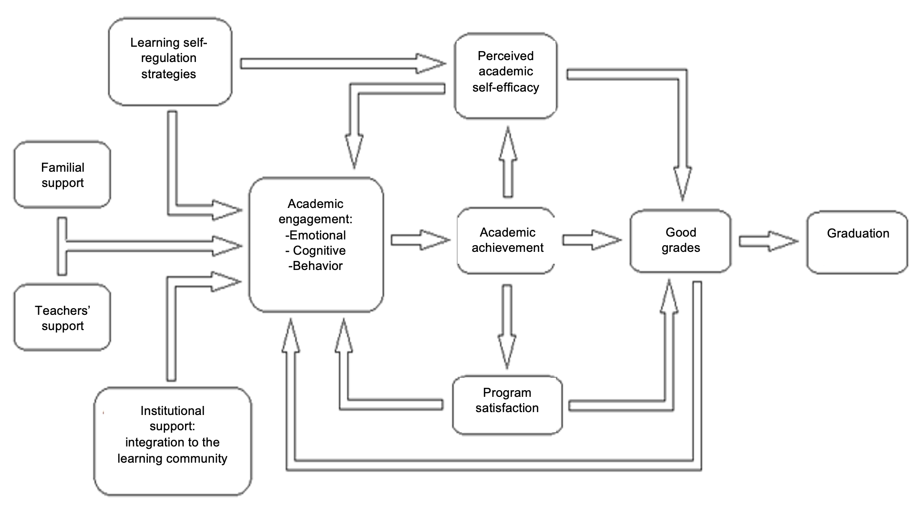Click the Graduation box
coord(857,242)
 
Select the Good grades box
coord(680,240)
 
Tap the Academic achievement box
coord(507,240)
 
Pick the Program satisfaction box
coord(507,404)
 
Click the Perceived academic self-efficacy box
coord(505,75)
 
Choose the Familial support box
coord(62,175)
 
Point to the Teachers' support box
coord(62,318)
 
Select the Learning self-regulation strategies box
coord(170,61)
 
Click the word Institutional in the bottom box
coord(172,411)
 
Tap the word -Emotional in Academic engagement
coord(316,235)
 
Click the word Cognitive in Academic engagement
coord(319,250)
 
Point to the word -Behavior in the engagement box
coord(315,266)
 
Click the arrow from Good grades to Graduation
coord(768,241)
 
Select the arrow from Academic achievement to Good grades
coord(591,240)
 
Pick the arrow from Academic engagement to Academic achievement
coord(420,240)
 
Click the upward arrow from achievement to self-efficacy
coord(508,162)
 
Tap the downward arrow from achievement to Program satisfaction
coord(507,327)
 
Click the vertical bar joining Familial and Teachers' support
coord(62,246)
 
